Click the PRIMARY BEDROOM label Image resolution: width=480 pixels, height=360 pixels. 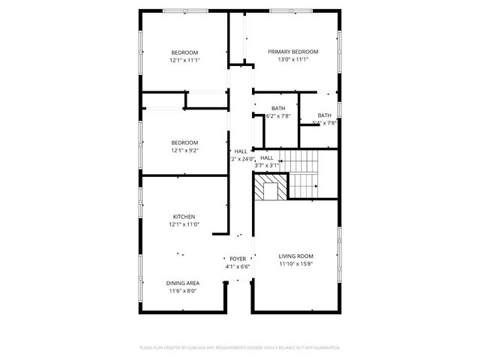point(293,52)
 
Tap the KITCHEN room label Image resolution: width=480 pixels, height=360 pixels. point(184,216)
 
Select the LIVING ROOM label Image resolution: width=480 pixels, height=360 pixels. point(295,256)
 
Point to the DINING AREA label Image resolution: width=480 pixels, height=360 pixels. point(183,283)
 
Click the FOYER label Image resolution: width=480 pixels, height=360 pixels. point(238,259)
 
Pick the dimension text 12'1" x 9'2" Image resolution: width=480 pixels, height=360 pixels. point(184,150)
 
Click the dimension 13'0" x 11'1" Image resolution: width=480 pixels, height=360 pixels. point(293,59)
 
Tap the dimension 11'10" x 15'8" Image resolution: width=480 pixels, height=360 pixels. point(295,263)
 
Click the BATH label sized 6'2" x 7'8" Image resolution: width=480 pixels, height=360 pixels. point(278,108)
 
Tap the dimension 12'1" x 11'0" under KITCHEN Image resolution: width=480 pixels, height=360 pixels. point(184,223)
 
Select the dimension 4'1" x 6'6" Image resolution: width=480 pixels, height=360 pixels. point(238,266)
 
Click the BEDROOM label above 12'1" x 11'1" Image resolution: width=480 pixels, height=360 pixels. point(184,52)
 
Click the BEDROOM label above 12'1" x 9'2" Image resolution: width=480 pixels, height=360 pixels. point(184,142)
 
